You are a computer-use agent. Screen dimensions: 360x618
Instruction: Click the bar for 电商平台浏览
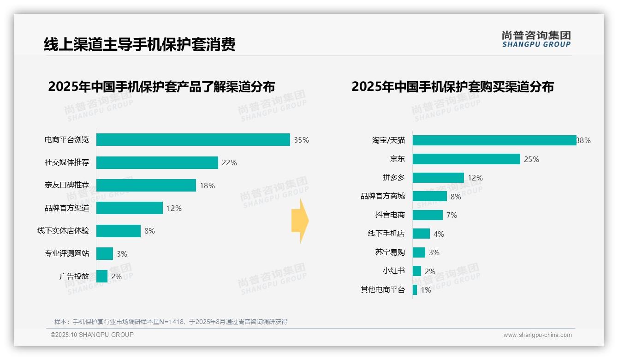pyautogui.click(x=193, y=140)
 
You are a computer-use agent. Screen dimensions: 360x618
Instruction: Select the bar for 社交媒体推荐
pyautogui.click(x=157, y=162)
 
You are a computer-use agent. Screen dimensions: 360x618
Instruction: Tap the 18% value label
pyautogui.click(x=207, y=186)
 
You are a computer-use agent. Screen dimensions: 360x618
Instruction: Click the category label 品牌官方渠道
pyautogui.click(x=67, y=208)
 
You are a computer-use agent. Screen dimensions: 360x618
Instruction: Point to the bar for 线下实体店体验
pyautogui.click(x=118, y=231)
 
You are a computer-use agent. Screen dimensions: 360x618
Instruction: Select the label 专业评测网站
pyautogui.click(x=67, y=253)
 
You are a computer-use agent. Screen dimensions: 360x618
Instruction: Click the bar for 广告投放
pyautogui.click(x=102, y=276)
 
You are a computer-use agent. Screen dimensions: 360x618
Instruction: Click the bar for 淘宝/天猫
pyautogui.click(x=494, y=140)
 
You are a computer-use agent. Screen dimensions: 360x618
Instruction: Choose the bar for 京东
pyautogui.click(x=466, y=159)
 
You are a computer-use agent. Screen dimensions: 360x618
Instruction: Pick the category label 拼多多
pyautogui.click(x=393, y=178)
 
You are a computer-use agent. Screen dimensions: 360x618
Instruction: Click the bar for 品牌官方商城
pyautogui.click(x=429, y=196)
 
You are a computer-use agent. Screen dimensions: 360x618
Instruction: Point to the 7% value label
pyautogui.click(x=452, y=215)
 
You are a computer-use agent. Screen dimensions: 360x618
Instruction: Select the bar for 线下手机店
pyautogui.click(x=421, y=234)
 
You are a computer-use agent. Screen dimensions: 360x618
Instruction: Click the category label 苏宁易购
pyautogui.click(x=390, y=252)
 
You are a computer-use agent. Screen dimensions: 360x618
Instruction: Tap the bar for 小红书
pyautogui.click(x=417, y=271)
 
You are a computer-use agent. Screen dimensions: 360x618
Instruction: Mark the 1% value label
pyautogui.click(x=426, y=290)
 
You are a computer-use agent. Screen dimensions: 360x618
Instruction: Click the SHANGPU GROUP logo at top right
pyautogui.click(x=536, y=39)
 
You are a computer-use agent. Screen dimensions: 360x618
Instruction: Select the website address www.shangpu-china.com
pyautogui.click(x=537, y=335)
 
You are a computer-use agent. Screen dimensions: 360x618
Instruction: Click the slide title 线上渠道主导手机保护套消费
pyautogui.click(x=139, y=44)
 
